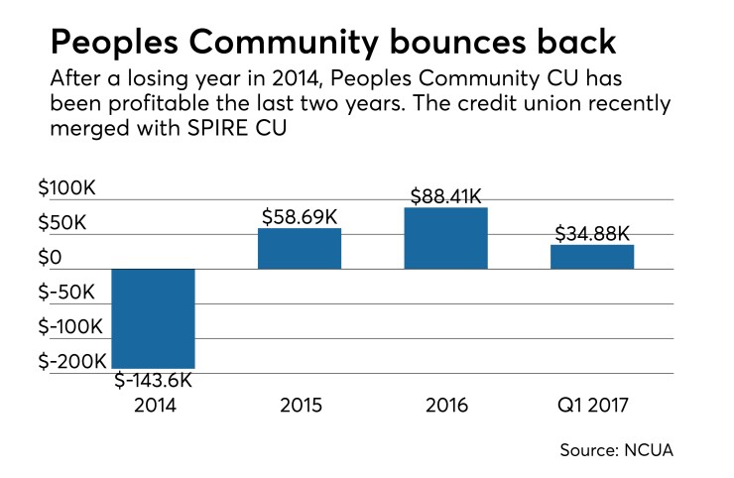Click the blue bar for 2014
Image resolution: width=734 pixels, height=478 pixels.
153,318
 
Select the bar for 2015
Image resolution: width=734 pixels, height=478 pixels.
300,249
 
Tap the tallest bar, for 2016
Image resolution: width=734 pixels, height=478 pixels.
445,238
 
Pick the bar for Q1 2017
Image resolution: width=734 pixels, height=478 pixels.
592,257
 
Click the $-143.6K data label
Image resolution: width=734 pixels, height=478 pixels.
154,381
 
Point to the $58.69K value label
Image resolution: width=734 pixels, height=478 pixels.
301,215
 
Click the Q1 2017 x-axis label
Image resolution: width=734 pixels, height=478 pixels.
592,405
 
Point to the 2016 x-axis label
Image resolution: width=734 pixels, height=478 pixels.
445,405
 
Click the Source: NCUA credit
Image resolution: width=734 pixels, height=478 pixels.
616,449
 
